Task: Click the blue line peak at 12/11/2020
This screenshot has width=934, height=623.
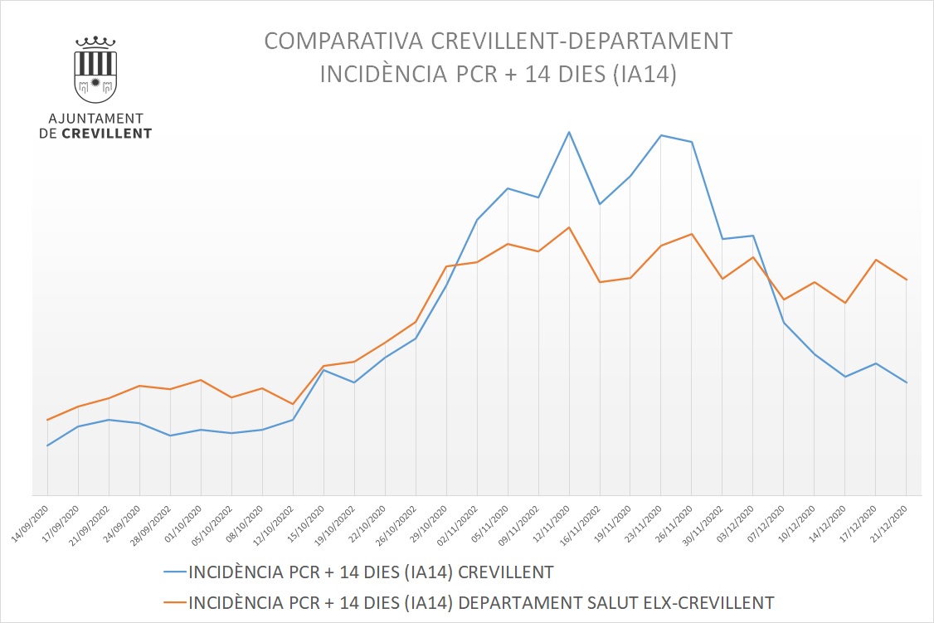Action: coord(569,132)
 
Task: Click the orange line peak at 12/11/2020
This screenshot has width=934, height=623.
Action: coord(569,227)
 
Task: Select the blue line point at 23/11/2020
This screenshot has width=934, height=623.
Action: coord(661,135)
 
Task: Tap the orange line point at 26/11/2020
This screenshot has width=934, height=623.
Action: coord(692,234)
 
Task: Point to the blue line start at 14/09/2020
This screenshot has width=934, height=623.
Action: coord(47,445)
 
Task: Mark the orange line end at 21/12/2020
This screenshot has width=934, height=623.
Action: coord(907,280)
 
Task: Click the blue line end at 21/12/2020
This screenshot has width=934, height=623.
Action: coord(907,382)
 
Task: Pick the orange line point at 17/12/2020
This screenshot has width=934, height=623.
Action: coord(876,260)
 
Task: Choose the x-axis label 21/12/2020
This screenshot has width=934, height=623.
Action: coord(893,519)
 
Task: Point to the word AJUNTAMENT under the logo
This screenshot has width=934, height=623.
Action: coord(95,119)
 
